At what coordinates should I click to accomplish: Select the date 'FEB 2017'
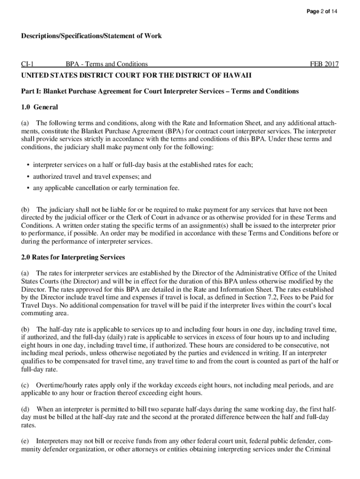click(x=324, y=64)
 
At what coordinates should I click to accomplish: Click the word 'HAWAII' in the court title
click(x=236, y=75)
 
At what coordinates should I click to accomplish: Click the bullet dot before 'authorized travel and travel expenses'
click(x=29, y=177)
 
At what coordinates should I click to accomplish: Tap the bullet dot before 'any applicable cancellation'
click(x=29, y=188)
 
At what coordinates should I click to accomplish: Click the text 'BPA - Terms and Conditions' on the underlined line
click(x=107, y=64)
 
